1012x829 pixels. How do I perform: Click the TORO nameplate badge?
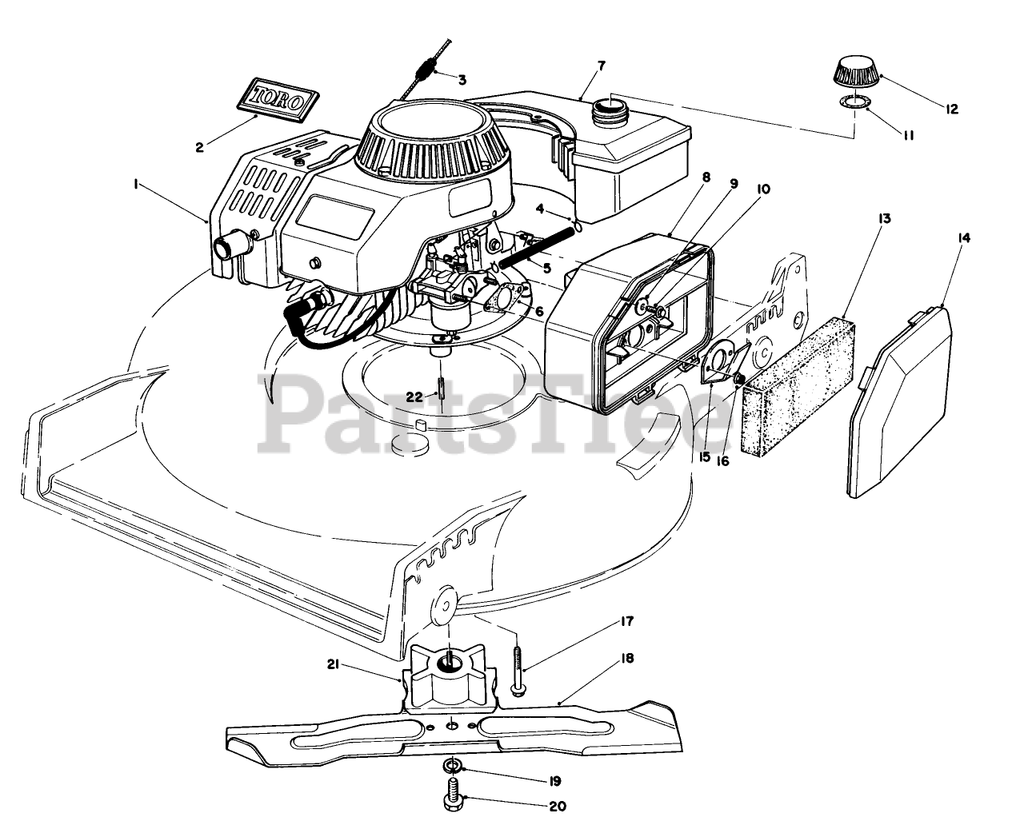click(278, 99)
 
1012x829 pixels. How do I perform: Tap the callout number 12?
click(951, 109)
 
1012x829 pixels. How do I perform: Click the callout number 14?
click(964, 237)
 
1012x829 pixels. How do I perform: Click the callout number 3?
click(462, 79)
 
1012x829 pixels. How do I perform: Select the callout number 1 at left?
click(137, 183)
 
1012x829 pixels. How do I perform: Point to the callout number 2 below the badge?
click(200, 146)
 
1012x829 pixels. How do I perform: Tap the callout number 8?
click(704, 179)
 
